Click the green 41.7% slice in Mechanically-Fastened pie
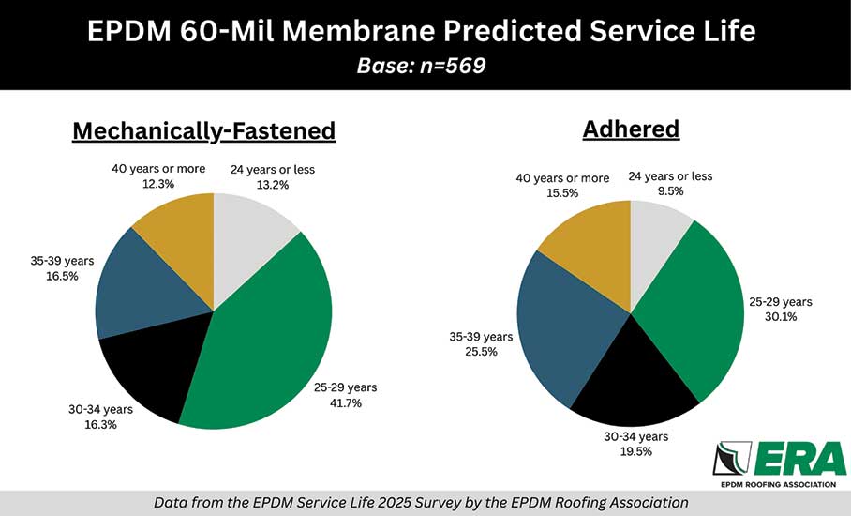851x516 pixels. [x=272, y=338]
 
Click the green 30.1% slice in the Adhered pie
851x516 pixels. [x=694, y=310]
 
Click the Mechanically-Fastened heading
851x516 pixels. [x=203, y=130]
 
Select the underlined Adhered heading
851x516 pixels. [x=631, y=129]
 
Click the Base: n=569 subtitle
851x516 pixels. [x=421, y=68]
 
